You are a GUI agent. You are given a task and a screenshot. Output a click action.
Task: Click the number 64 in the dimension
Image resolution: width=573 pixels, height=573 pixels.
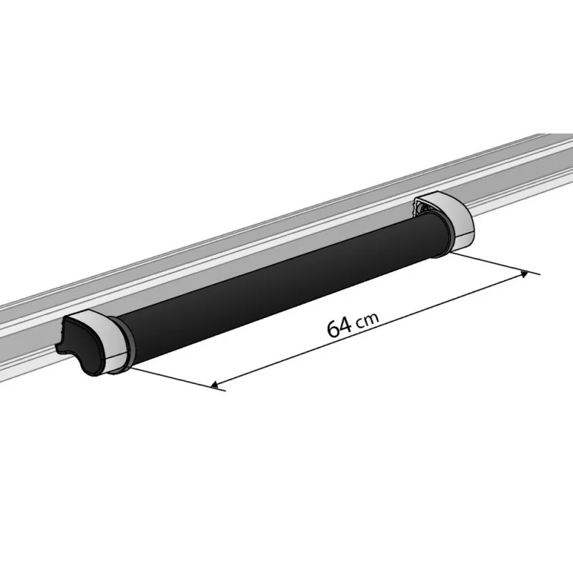[339, 327]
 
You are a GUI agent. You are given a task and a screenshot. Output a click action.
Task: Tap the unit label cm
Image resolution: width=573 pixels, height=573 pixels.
[367, 320]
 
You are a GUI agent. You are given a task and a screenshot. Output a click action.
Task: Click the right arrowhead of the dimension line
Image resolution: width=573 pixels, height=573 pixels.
[526, 273]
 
